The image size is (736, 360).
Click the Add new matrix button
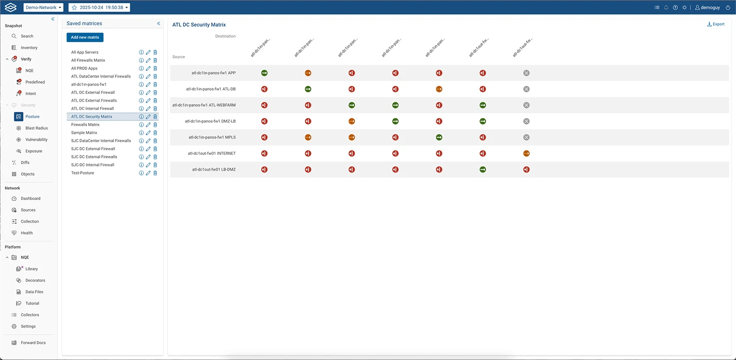tap(85, 37)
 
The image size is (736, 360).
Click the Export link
tap(716, 24)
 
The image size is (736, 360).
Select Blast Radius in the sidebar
tap(36, 128)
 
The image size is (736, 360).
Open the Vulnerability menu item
tap(36, 140)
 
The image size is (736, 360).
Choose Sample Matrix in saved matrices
tap(84, 133)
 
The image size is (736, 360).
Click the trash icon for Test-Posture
tap(155, 173)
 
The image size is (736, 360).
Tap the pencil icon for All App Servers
tap(148, 52)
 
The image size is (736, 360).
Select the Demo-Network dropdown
tap(43, 7)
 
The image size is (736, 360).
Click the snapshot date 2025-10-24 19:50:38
tap(99, 7)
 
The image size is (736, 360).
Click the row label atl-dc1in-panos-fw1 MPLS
tap(212, 137)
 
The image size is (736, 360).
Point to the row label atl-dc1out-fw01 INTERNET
tap(212, 154)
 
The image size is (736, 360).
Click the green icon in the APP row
tap(264, 73)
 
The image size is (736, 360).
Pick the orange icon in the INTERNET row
tap(526, 154)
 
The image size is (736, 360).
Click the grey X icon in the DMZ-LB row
tap(526, 121)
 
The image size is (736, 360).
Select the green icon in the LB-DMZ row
tap(483, 170)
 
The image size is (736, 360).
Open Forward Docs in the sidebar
tap(33, 343)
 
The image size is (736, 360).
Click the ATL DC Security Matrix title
tap(199, 25)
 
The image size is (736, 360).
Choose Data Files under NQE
tap(34, 292)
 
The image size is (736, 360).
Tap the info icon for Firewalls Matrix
tap(141, 125)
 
